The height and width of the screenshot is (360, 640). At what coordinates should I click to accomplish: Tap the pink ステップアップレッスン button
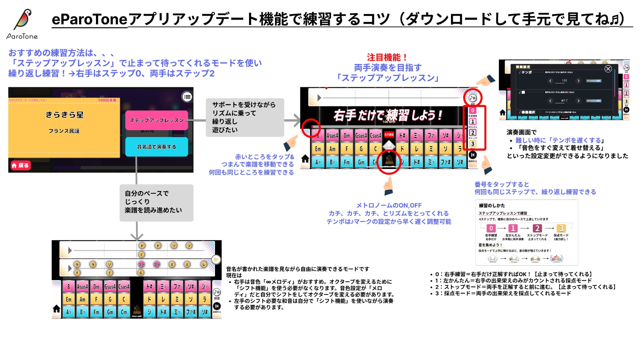pyautogui.click(x=156, y=120)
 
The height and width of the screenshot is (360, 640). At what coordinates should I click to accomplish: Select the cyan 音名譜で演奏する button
pyautogui.click(x=156, y=147)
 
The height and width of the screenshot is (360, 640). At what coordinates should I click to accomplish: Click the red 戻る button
pyautogui.click(x=21, y=165)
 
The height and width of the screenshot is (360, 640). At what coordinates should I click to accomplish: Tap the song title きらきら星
pyautogui.click(x=64, y=115)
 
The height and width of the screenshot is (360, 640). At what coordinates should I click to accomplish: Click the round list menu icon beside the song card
pyautogui.click(x=187, y=97)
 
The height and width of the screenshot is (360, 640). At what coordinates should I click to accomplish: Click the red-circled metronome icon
pyautogui.click(x=389, y=161)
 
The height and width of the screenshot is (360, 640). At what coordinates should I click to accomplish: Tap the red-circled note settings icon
pyautogui.click(x=472, y=98)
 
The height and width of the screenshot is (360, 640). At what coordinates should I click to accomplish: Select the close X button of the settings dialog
pyautogui.click(x=608, y=69)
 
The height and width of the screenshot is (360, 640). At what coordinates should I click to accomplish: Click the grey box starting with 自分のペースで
pyautogui.click(x=156, y=202)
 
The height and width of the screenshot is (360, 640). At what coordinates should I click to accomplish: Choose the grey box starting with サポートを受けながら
pyautogui.click(x=245, y=117)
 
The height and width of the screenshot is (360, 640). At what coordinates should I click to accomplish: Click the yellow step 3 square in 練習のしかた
pyautogui.click(x=561, y=228)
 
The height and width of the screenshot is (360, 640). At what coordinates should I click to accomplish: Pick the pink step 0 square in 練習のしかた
pyautogui.click(x=491, y=228)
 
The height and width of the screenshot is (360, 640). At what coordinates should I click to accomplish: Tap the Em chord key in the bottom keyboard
pyautogui.click(x=68, y=299)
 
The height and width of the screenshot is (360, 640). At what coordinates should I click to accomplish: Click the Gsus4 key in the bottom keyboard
pyautogui.click(x=110, y=287)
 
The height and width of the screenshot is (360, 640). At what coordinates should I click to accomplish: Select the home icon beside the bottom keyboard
pyautogui.click(x=57, y=309)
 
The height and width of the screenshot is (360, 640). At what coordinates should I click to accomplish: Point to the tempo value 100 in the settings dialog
pyautogui.click(x=564, y=81)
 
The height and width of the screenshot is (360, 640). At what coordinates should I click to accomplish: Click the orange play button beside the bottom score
pyautogui.click(x=216, y=259)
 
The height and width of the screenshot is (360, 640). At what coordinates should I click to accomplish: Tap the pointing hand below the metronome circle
pyautogui.click(x=388, y=186)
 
